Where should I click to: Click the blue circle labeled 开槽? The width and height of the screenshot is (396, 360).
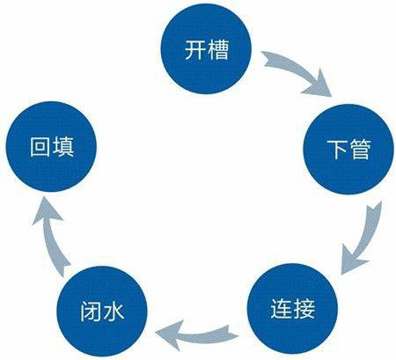pos(206,48)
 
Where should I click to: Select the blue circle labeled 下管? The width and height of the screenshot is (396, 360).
pos(348,149)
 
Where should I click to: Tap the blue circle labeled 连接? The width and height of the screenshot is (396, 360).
pos(292,309)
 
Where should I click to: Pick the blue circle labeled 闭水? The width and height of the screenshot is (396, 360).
pos(102,311)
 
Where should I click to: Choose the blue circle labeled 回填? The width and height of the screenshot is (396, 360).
pos(51,146)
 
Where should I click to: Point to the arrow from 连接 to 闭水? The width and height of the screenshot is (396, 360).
pos(196,335)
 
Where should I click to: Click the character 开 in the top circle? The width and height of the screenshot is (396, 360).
pos(195,49)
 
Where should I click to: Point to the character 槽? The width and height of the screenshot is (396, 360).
pos(217,49)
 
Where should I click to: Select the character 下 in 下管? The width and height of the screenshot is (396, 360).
pos(337,150)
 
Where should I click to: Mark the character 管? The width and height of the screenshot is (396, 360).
pos(360,150)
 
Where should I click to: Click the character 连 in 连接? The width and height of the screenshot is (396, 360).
pos(282,309)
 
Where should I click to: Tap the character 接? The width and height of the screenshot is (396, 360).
pos(304,309)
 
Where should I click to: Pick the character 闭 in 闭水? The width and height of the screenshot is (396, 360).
pos(91,312)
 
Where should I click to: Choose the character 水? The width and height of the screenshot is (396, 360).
pos(113,312)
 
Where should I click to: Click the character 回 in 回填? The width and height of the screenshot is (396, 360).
pos(40,147)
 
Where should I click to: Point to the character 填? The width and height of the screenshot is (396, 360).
pos(62,147)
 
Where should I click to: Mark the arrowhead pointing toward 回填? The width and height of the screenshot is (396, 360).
pos(47,210)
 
